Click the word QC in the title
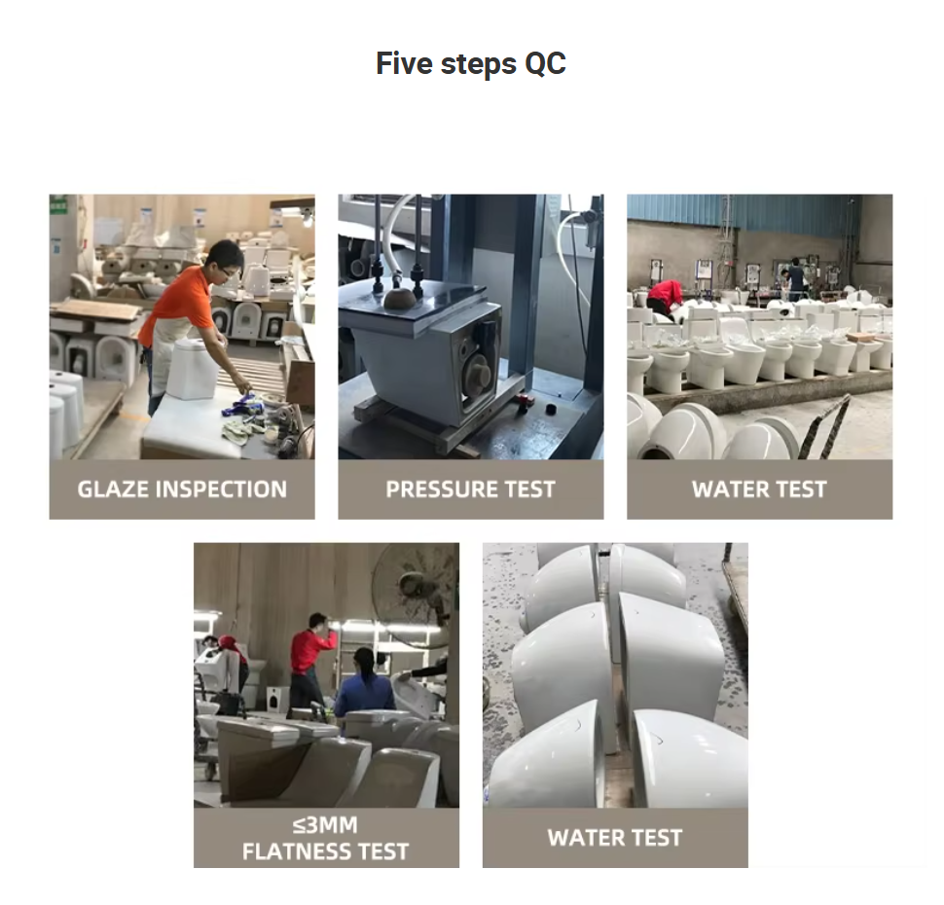pyautogui.click(x=545, y=64)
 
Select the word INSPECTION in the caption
pyautogui.click(x=221, y=489)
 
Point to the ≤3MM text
pyautogui.click(x=326, y=825)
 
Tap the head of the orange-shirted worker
pyautogui.click(x=224, y=260)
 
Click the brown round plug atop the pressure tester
pyautogui.click(x=399, y=300)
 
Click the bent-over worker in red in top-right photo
pyautogui.click(x=665, y=296)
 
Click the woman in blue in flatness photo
pyautogui.click(x=362, y=681)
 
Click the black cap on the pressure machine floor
pyautogui.click(x=550, y=410)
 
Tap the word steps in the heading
pyautogui.click(x=479, y=64)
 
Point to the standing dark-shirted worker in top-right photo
pyautogui.click(x=796, y=278)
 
